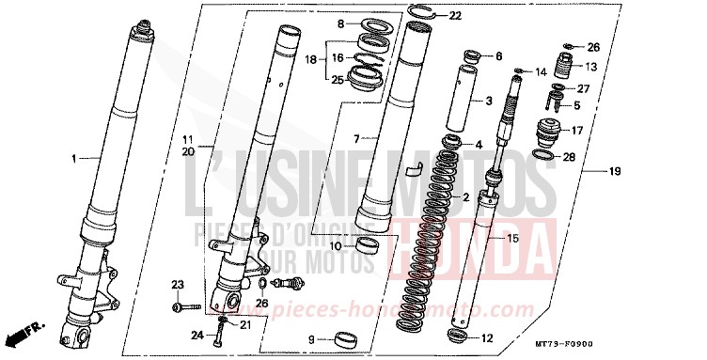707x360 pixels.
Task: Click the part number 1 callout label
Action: coord(74,158)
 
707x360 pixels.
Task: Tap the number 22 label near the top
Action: coord(455,16)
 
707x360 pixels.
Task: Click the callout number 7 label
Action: coord(358,138)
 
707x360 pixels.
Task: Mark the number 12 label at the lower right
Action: coord(485,338)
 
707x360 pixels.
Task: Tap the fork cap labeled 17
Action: coord(547,131)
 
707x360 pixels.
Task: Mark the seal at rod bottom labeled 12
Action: coord(458,336)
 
